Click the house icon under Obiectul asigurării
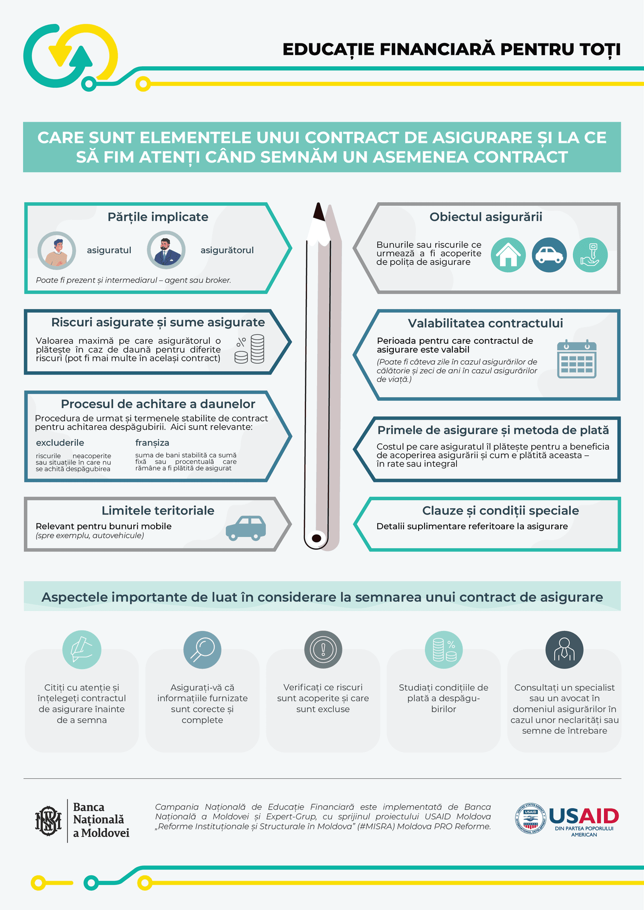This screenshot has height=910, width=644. pos(508,255)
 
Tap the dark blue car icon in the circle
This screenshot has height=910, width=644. pos(549,255)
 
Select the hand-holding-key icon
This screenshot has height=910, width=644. pos(590,255)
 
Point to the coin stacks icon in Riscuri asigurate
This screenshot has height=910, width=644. pos(250,349)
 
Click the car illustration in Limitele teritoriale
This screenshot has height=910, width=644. pos(246,528)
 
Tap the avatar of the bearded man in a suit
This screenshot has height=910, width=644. pos(166,250)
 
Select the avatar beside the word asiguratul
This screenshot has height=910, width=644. pos(57,250)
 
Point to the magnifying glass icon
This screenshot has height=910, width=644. pos(202,650)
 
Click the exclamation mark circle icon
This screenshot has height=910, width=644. pos(323,650)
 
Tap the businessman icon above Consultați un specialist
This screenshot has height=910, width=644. pos(564,650)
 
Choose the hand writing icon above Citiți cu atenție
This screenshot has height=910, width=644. pos(82,650)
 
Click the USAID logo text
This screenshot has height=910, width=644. pos(584,816)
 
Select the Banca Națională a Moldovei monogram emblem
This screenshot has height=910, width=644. pos(48,821)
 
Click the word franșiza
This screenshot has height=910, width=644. pos(152,443)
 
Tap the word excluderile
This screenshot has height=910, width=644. pos(60,443)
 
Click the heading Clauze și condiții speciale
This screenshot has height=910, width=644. pos(501,511)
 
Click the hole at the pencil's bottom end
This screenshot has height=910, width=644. pos(316,538)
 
